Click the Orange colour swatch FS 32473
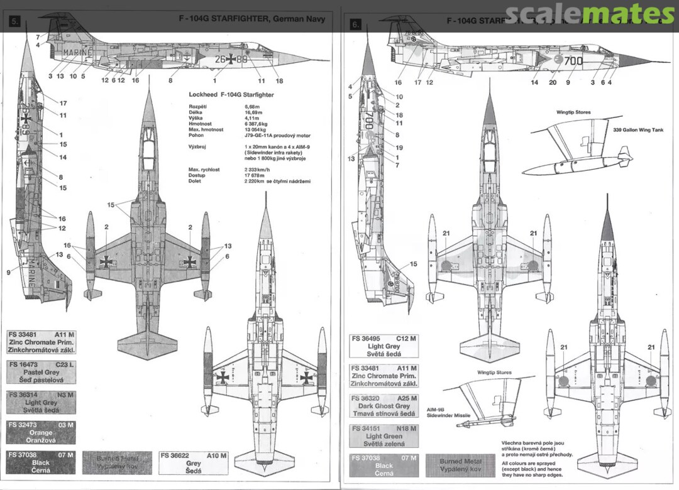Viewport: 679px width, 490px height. [41, 433]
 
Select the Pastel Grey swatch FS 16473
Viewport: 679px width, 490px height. [41, 372]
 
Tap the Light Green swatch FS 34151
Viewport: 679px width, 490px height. [384, 436]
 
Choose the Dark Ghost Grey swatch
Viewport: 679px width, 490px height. [384, 406]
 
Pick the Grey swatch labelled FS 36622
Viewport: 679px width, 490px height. [193, 463]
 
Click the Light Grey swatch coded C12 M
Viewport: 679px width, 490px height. [384, 346]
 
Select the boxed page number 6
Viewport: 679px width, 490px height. [356, 24]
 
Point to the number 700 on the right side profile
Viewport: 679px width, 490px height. [573, 61]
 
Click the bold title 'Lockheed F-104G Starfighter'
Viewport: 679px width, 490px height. [231, 94]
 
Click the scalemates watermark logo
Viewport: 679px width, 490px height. [589, 14]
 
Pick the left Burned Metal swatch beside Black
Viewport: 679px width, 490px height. [117, 463]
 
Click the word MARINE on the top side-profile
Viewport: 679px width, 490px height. [78, 53]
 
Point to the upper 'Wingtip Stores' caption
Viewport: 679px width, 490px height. [573, 112]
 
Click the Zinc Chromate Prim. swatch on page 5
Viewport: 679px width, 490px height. [41, 342]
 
